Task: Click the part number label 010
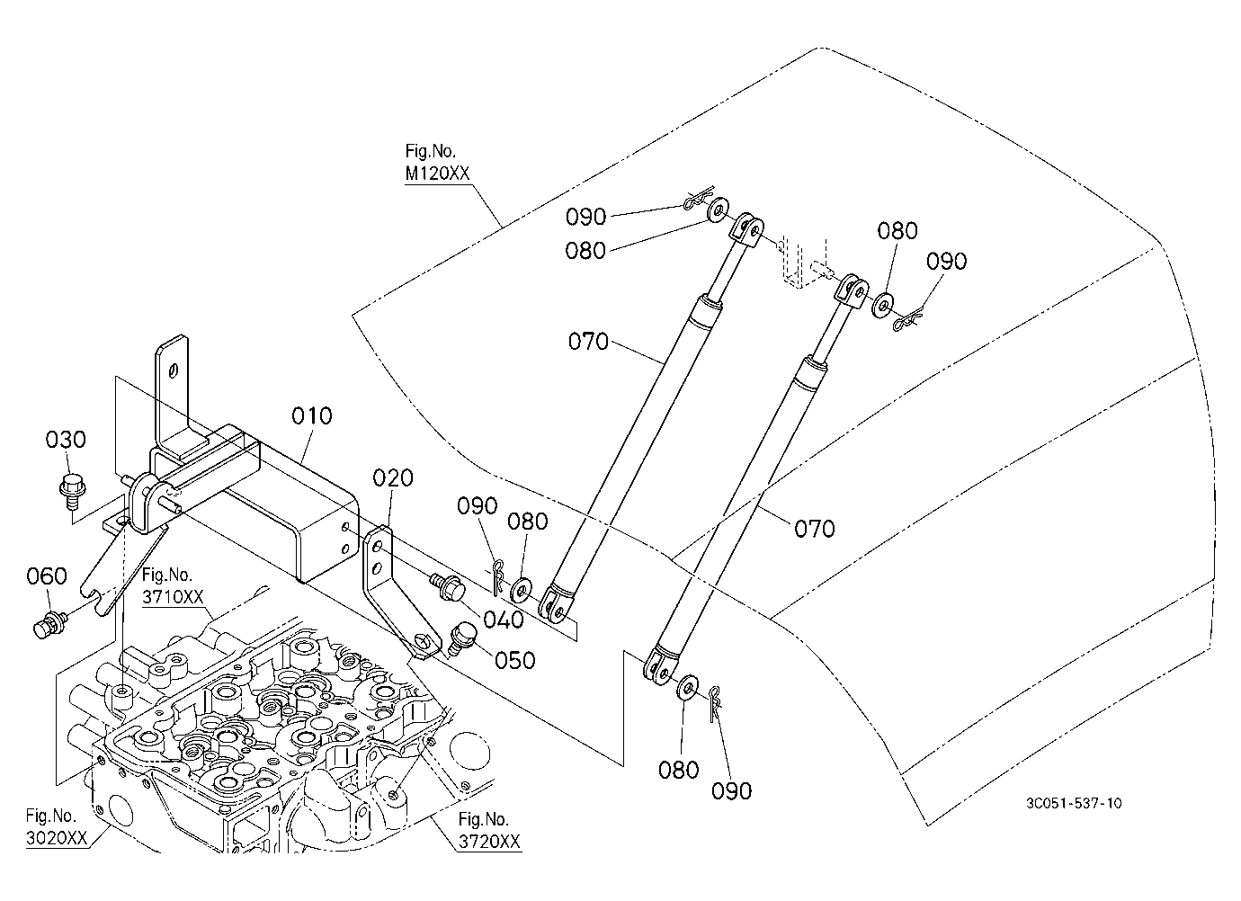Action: tap(312, 415)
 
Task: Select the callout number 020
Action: tap(393, 477)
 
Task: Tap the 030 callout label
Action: tap(66, 440)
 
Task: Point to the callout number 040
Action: tap(503, 620)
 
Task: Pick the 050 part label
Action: tap(514, 660)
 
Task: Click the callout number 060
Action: tap(47, 575)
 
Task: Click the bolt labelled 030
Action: tap(71, 490)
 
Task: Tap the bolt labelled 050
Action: tap(463, 639)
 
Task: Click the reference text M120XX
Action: tap(437, 174)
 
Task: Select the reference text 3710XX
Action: tap(173, 597)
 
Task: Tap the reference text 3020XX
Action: tap(57, 838)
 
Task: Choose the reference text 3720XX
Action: tap(490, 842)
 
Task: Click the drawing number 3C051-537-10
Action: tap(1074, 803)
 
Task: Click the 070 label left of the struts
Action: tap(588, 342)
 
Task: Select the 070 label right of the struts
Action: tap(815, 529)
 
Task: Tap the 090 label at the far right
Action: tap(947, 261)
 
